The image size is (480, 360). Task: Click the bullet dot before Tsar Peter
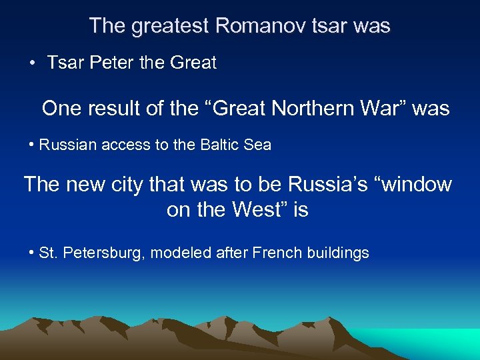(32, 64)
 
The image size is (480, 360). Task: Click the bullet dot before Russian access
(32, 145)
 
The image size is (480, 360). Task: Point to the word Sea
(257, 145)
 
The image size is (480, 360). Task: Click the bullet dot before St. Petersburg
(32, 254)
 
